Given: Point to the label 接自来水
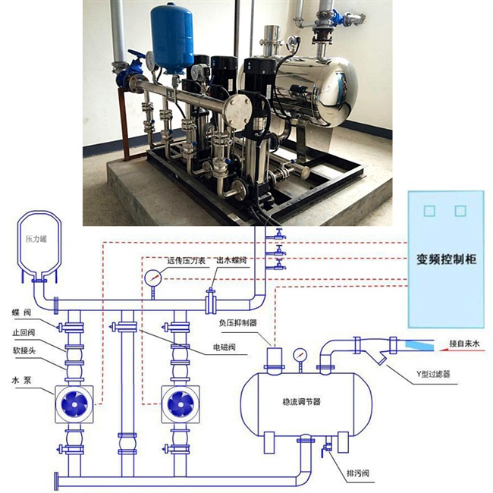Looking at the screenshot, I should (465, 344).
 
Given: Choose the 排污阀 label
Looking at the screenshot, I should (357, 476).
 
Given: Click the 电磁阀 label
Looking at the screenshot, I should (227, 350).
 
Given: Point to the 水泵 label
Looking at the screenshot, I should (20, 382).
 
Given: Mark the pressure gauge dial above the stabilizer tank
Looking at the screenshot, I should (302, 353).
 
